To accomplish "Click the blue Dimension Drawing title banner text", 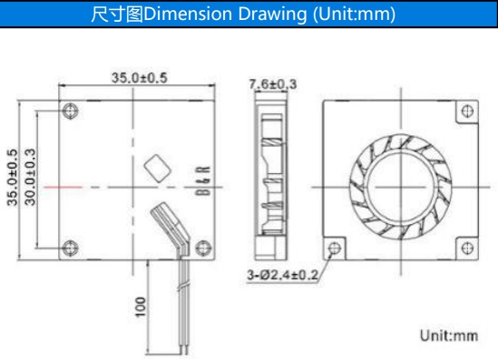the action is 243,14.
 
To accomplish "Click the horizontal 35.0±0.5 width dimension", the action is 139,78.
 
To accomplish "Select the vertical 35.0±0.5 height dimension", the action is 13,178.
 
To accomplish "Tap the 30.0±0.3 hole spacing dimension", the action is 31,177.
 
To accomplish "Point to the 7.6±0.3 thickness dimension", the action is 273,84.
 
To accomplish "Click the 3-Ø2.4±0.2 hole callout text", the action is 282,275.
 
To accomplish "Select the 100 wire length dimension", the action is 141,306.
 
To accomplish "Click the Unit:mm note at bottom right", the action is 449,336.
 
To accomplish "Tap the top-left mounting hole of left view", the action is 70,111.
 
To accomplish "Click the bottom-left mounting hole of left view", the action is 70,248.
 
